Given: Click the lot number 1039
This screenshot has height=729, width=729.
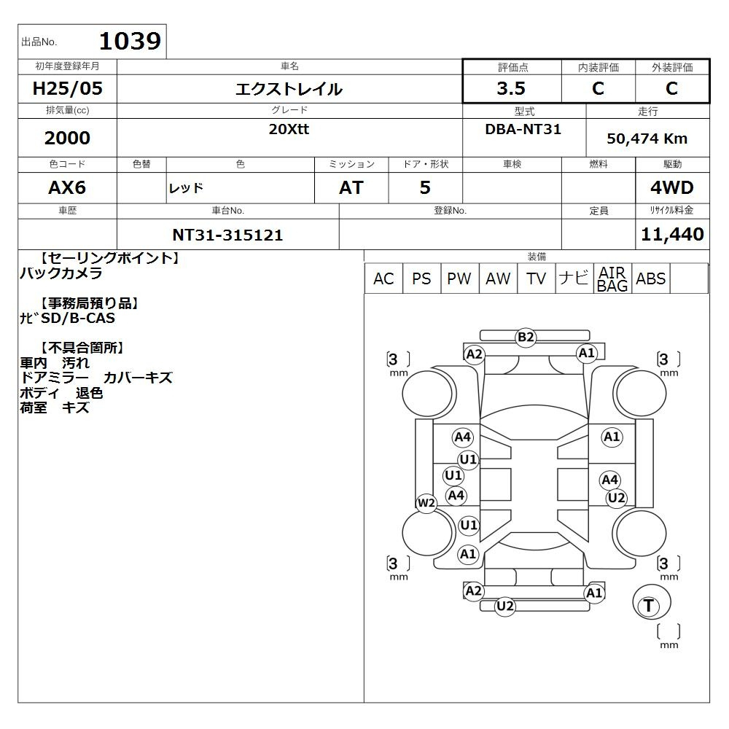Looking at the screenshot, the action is coord(130,41).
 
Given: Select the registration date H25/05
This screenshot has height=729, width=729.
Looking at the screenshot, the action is coord(67,88).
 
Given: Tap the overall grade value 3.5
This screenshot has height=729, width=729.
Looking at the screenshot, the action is coord(511,88).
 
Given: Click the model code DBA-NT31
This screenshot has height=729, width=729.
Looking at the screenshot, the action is coord(523,129).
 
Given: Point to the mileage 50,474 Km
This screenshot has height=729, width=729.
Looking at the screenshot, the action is coord(647,139).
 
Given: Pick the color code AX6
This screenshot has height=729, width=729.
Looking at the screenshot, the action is coord(67,187).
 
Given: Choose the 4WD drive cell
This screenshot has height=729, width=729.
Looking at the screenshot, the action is coord(672,187).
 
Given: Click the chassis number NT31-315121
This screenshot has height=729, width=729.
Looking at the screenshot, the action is coord(227,235).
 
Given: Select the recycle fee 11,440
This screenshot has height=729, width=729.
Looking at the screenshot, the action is coord(672,234).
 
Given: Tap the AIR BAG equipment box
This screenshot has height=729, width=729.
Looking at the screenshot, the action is coord(612,278).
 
